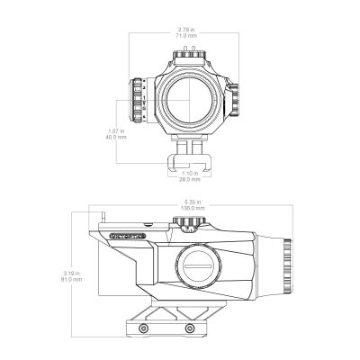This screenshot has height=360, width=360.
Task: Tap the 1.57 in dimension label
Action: pos(114,130)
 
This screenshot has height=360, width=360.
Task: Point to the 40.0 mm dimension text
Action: pos(114,137)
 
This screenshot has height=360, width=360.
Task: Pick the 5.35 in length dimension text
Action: pos(193,202)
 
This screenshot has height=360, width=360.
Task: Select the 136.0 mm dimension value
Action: pos(193,208)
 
